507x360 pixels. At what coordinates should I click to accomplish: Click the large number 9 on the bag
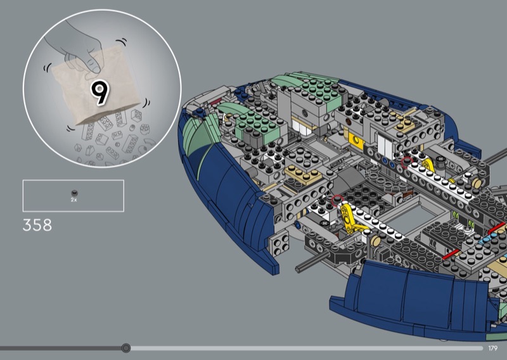click(x=100, y=93)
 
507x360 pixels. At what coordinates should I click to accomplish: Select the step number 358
click(x=37, y=225)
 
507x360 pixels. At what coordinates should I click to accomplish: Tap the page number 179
click(x=493, y=348)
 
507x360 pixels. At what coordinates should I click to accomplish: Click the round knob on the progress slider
click(x=125, y=348)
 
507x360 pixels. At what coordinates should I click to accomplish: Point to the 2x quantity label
click(x=74, y=200)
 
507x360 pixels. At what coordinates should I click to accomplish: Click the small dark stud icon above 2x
click(x=74, y=193)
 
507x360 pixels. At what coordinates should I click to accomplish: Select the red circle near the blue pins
click(x=407, y=162)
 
